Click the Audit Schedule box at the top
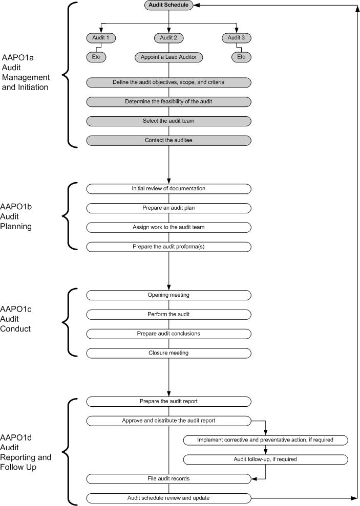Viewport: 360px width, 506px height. coord(168,5)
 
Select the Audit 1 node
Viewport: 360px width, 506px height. coord(101,38)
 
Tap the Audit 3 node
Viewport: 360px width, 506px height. coord(237,38)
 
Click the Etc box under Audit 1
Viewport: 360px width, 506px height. coord(96,57)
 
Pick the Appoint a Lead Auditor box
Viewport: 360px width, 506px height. coord(168,57)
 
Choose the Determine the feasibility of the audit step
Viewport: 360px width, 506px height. coord(168,102)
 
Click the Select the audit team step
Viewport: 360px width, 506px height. coord(168,121)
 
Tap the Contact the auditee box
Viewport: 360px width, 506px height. coord(168,140)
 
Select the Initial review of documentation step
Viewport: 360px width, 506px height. coord(168,189)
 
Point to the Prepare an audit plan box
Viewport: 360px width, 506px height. coord(168,208)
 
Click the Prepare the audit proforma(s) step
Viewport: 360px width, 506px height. coord(168,247)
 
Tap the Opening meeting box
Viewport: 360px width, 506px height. coord(168,295)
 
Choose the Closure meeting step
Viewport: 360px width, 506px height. coord(168,354)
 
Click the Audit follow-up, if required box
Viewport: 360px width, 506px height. coord(265,459)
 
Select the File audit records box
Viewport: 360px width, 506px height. coord(168,479)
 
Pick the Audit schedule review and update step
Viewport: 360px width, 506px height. coord(168,498)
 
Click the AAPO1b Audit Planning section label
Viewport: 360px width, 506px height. coord(16,216)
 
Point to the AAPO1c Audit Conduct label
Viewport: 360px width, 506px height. coord(16,319)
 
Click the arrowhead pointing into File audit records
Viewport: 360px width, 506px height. coord(254,479)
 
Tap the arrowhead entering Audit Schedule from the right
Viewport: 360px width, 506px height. coord(196,5)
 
